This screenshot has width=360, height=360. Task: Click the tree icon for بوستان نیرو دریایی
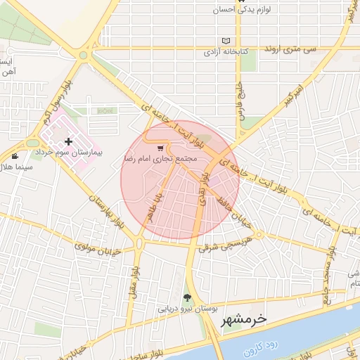click(187, 297)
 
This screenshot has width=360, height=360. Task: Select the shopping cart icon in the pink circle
click(161, 148)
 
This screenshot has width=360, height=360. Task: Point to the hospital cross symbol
click(68, 142)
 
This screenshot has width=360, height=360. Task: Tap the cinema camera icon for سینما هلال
click(15, 155)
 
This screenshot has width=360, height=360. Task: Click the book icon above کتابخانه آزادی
click(225, 41)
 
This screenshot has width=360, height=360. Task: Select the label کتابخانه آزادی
click(224, 52)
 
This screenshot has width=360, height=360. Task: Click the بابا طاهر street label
click(155, 205)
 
